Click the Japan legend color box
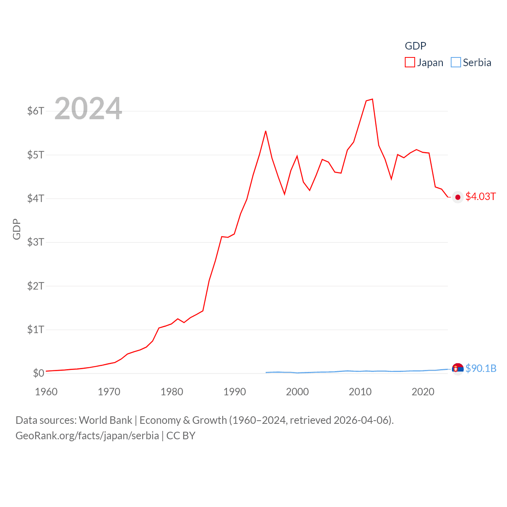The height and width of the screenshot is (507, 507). pyautogui.click(x=410, y=63)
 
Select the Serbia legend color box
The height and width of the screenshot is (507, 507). pyautogui.click(x=456, y=63)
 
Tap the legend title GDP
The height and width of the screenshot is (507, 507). pyautogui.click(x=415, y=46)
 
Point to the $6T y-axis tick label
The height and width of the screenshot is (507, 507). pyautogui.click(x=36, y=111)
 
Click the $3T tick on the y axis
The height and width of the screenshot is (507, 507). pyautogui.click(x=36, y=242)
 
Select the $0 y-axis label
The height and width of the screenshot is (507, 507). pyautogui.click(x=38, y=373)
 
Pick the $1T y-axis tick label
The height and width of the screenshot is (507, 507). pyautogui.click(x=36, y=330)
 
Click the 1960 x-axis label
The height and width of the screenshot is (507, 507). pyautogui.click(x=46, y=392)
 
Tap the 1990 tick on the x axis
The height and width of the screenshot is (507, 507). pyautogui.click(x=234, y=392)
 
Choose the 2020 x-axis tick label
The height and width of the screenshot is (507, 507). pyautogui.click(x=423, y=392)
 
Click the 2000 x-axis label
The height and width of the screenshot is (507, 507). pyautogui.click(x=297, y=392)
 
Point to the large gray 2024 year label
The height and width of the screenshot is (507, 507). pyautogui.click(x=88, y=109)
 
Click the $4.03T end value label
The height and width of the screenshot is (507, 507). pyautogui.click(x=480, y=196)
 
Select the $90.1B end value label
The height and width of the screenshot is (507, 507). pyautogui.click(x=481, y=368)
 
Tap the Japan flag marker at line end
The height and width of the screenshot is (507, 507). pyautogui.click(x=458, y=197)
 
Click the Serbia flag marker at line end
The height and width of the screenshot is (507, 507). pyautogui.click(x=457, y=369)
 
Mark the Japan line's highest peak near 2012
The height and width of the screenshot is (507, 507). pyautogui.click(x=372, y=99)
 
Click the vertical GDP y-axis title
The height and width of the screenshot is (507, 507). pyautogui.click(x=17, y=229)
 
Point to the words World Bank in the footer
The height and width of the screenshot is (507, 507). pyautogui.click(x=106, y=420)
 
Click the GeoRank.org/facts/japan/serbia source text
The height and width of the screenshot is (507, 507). pyautogui.click(x=87, y=436)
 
